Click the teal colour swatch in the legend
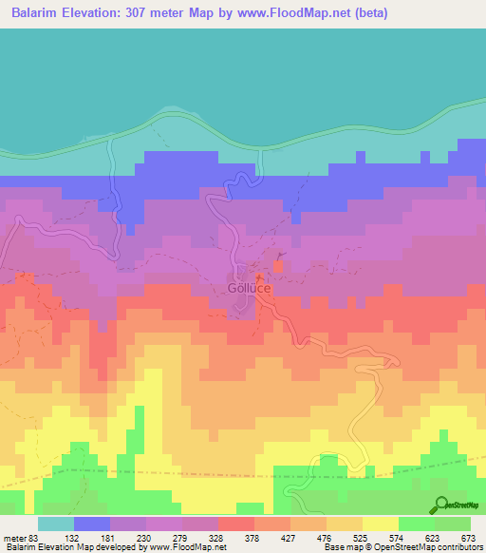click(56, 524)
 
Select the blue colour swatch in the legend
click(92, 524)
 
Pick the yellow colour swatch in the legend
click(381, 524)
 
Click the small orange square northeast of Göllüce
click(278, 266)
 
